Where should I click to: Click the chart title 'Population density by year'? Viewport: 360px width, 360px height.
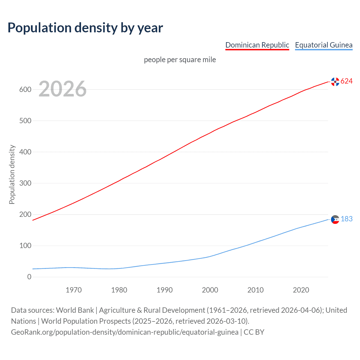tap(85, 28)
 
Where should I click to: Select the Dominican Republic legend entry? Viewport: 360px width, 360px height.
tap(257, 45)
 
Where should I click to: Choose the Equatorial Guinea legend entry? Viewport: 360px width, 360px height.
tap(323, 45)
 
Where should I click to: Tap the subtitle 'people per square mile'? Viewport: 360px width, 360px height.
tap(180, 60)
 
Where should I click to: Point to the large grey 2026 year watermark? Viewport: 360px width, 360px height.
tap(62, 89)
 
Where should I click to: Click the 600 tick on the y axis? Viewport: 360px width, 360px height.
tap(25, 89)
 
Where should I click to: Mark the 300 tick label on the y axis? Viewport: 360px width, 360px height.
tap(25, 183)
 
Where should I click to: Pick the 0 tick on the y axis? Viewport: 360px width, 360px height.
tap(29, 277)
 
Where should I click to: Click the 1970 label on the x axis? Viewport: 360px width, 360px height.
tap(74, 290)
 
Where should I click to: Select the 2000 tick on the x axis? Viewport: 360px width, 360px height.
tap(210, 290)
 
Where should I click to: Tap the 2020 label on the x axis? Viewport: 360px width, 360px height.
tap(301, 290)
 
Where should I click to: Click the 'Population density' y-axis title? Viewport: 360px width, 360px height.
tap(12, 174)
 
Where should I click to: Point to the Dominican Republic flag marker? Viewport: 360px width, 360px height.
tap(335, 82)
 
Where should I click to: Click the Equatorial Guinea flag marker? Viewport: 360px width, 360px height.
tap(335, 219)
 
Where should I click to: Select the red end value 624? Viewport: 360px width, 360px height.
tap(346, 81)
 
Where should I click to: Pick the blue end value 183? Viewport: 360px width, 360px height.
tap(346, 219)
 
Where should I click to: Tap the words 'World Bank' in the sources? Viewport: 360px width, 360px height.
tap(75, 310)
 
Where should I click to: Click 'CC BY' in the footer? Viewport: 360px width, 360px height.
tap(254, 332)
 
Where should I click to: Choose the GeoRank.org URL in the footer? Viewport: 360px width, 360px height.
tap(125, 332)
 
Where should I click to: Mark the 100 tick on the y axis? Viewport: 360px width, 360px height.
tap(25, 246)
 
